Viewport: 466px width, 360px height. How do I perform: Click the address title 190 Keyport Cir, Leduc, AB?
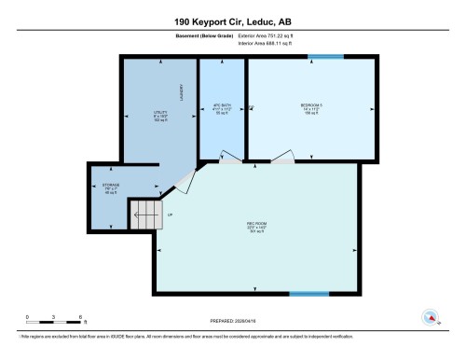(x=232, y=20)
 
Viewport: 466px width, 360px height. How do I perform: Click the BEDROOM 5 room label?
(x=311, y=107)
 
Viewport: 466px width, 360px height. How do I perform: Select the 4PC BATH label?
(x=222, y=107)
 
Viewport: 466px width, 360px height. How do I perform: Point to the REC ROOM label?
(x=256, y=228)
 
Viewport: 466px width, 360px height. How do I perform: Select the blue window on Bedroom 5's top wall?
(x=325, y=57)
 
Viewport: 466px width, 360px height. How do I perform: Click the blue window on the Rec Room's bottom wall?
(x=308, y=295)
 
